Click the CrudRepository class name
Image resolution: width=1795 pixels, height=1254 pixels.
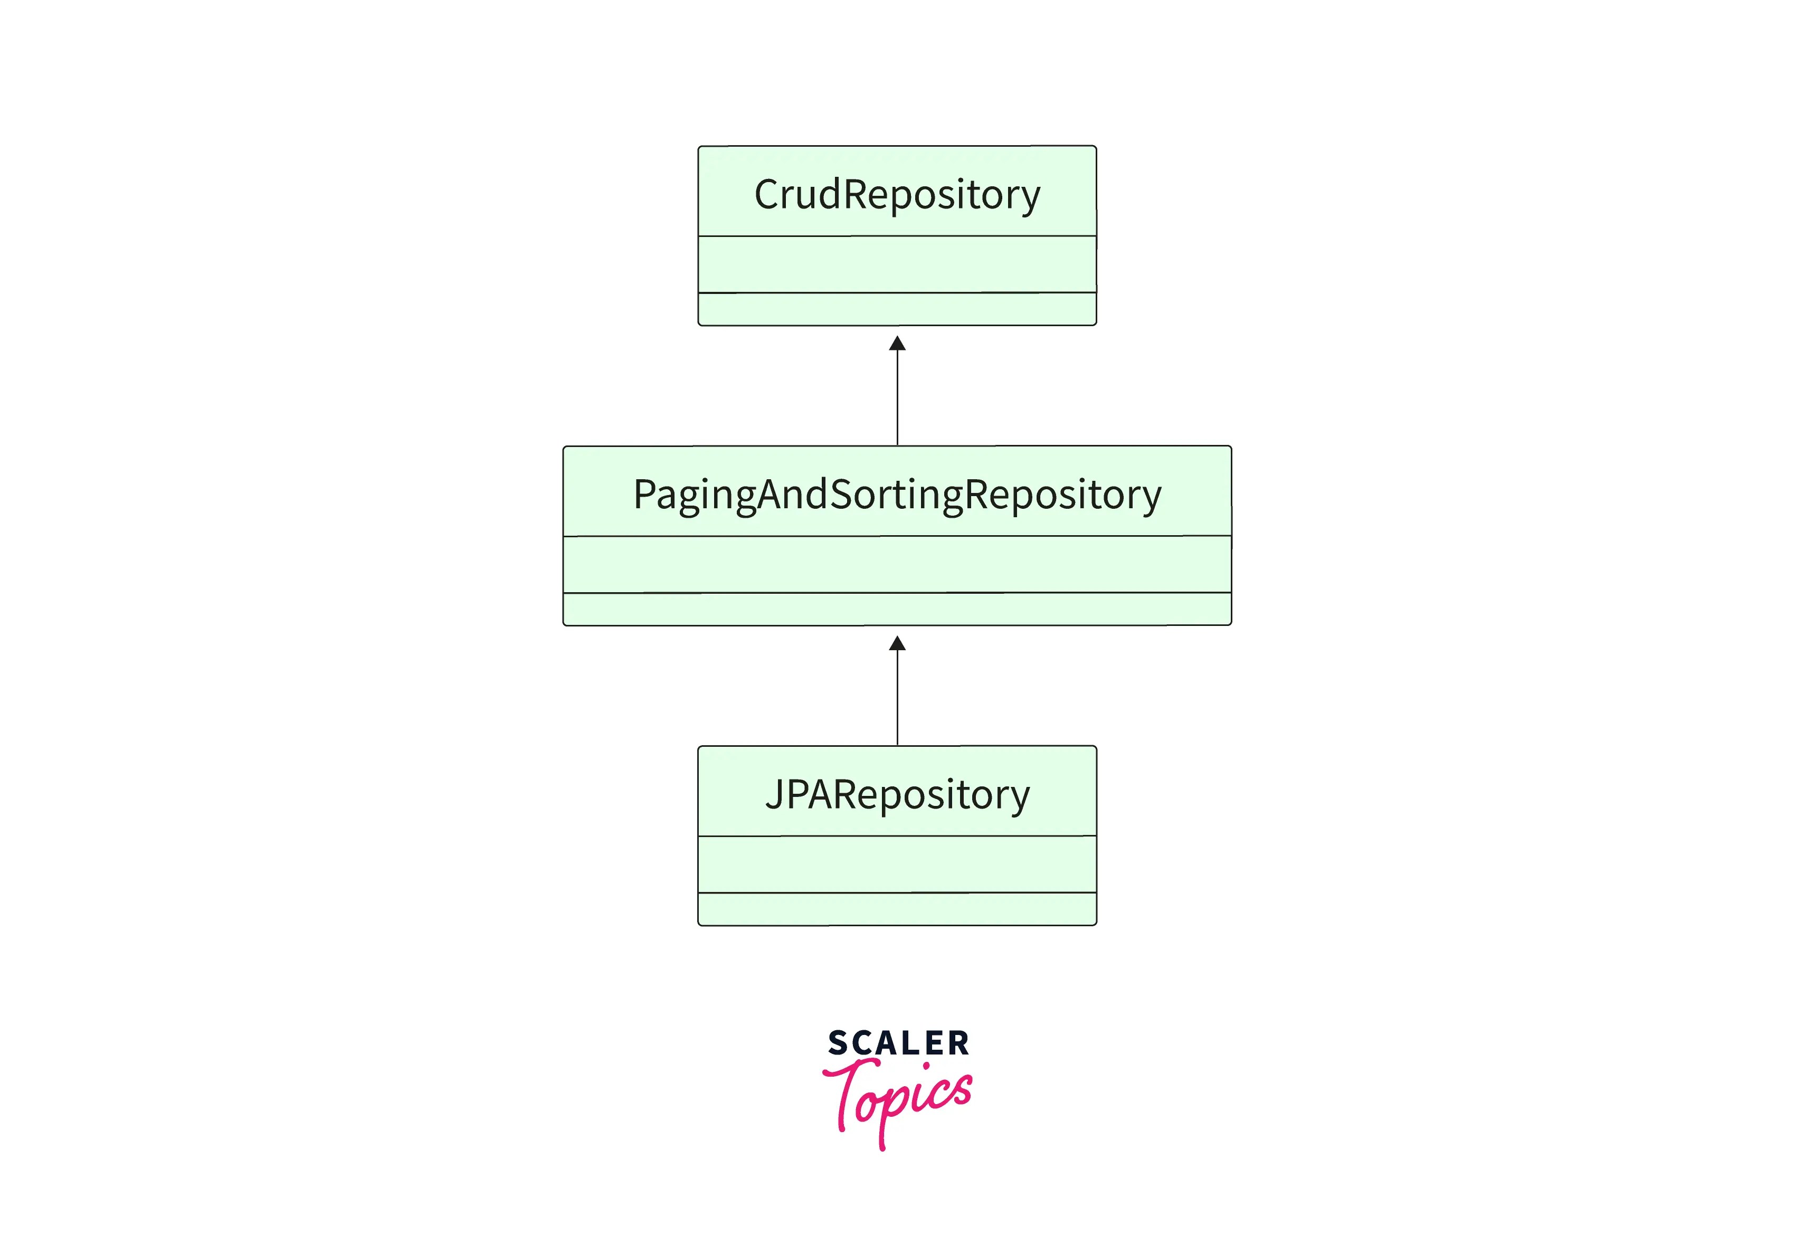tap(897, 195)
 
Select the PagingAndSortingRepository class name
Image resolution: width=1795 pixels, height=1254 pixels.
tap(897, 495)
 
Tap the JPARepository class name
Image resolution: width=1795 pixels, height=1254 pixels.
tap(897, 794)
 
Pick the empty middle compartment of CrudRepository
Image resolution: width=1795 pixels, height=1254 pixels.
tap(897, 264)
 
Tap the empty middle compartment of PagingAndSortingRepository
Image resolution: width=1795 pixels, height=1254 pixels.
tap(897, 564)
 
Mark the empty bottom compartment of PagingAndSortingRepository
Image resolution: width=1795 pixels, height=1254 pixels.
tap(897, 609)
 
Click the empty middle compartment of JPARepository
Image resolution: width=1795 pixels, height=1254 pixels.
tap(897, 864)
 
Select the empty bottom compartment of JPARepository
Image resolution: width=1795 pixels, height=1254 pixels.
tap(897, 909)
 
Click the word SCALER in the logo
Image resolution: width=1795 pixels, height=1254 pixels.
tap(898, 1043)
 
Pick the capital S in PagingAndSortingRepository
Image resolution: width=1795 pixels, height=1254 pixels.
tap(841, 495)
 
